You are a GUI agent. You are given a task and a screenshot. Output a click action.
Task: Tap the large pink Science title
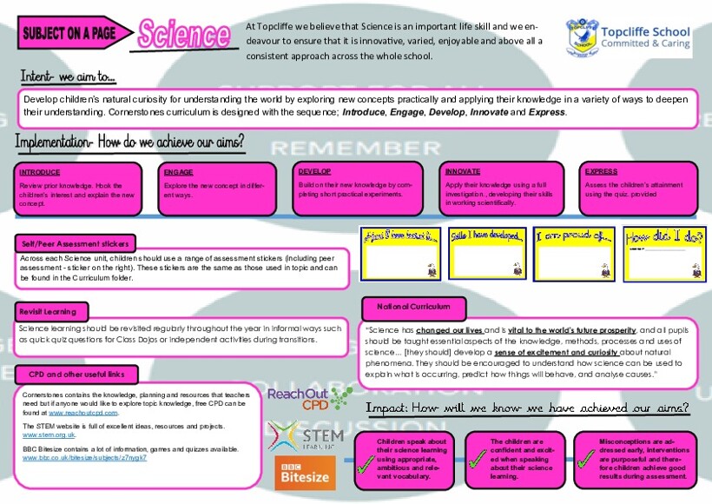tap(183, 35)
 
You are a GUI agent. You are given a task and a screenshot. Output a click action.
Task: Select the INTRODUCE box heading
tap(40, 172)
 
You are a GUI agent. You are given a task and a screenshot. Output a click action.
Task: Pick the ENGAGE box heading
tap(178, 172)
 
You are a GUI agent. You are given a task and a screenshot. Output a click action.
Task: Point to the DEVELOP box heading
tap(314, 171)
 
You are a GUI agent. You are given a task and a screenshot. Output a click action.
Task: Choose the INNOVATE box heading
tap(464, 172)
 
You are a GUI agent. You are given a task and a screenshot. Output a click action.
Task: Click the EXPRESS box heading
tap(601, 172)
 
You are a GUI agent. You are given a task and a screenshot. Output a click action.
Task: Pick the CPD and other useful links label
tap(76, 375)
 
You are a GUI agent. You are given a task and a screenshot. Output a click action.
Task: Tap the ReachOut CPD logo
tap(298, 399)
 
